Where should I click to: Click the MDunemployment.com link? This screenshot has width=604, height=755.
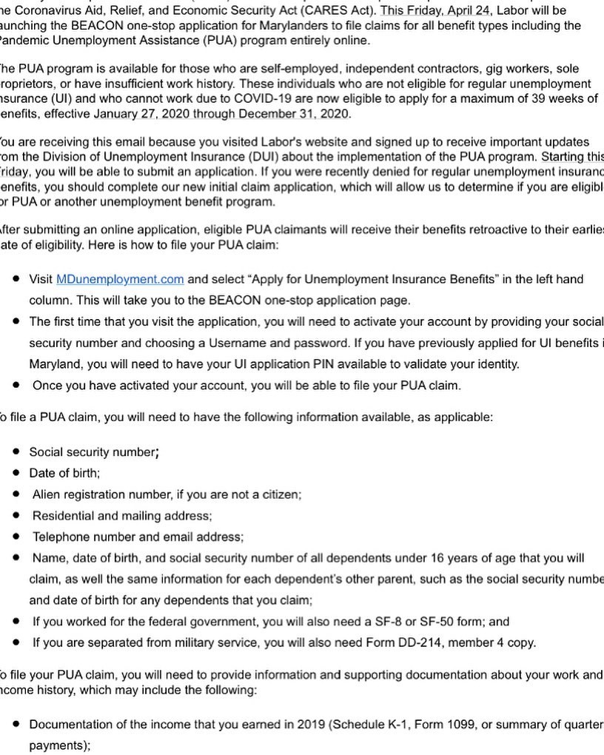120,279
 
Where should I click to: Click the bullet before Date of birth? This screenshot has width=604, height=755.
16,472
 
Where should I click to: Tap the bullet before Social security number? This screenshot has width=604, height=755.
16,452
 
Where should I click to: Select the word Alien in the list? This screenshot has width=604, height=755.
47,494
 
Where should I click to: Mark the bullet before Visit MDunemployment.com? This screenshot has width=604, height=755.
16,279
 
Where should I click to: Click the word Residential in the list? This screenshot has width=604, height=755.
63,515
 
